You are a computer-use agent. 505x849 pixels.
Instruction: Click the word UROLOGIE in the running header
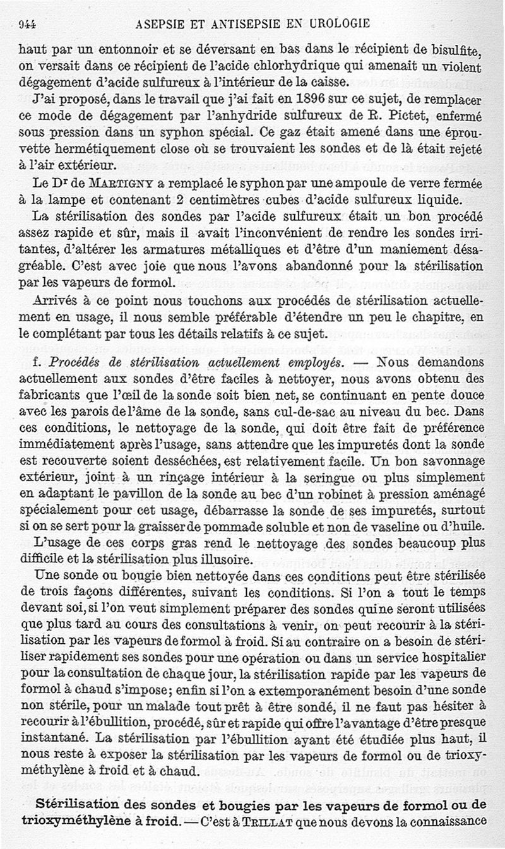click(x=336, y=25)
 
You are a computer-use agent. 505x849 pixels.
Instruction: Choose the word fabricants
click(x=49, y=396)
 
